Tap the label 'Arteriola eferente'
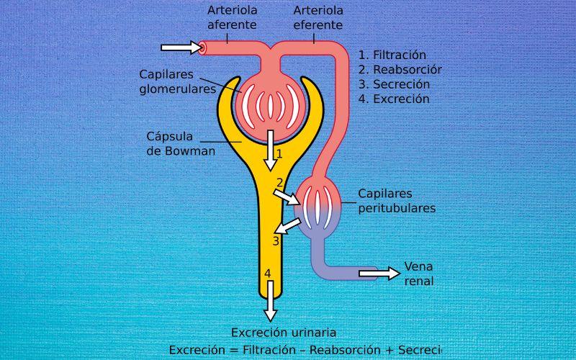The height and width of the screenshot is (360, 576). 318,17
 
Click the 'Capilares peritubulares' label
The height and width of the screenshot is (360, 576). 397,201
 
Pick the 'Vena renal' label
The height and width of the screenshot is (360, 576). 418,273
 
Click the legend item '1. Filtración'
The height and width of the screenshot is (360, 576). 392,55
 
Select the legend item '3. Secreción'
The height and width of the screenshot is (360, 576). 394,84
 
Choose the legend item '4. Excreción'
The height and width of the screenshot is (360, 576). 394,99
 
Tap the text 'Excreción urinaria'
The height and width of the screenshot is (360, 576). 284,332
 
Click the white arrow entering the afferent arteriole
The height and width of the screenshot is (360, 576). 181,48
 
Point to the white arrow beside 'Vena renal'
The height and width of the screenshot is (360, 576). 379,273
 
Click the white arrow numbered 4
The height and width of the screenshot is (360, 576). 270,300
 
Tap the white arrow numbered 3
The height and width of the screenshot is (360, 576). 287,227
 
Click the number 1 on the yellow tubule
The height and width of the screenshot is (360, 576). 279,153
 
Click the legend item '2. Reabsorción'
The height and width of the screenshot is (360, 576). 400,70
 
